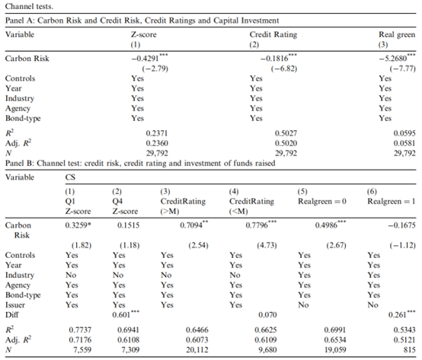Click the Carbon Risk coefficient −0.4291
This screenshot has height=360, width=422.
click(x=145, y=59)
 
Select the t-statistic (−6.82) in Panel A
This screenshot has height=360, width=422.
click(x=284, y=68)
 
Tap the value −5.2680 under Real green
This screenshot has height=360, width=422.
click(x=392, y=59)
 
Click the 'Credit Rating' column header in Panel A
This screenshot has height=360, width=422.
click(x=273, y=34)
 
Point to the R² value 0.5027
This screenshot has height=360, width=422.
click(x=286, y=133)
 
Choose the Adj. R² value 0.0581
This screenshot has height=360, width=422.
click(x=404, y=143)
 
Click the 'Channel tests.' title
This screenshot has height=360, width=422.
click(x=29, y=6)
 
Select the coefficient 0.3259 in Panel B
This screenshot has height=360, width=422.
click(x=76, y=225)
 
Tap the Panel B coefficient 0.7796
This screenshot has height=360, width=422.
click(x=257, y=225)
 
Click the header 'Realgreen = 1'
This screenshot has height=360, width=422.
click(x=392, y=201)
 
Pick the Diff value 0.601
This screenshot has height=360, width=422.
click(x=121, y=314)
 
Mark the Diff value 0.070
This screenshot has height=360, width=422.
click(x=267, y=314)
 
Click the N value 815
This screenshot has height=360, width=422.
click(x=409, y=349)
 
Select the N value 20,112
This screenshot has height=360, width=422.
click(x=197, y=349)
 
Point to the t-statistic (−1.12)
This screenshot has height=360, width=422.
click(x=403, y=245)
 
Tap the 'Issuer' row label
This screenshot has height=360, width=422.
click(x=15, y=305)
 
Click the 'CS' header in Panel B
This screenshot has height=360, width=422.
click(x=70, y=177)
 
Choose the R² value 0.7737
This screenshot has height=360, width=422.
click(x=80, y=330)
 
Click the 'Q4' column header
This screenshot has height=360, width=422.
click(x=117, y=202)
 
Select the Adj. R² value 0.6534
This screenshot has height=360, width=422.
click(x=335, y=339)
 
